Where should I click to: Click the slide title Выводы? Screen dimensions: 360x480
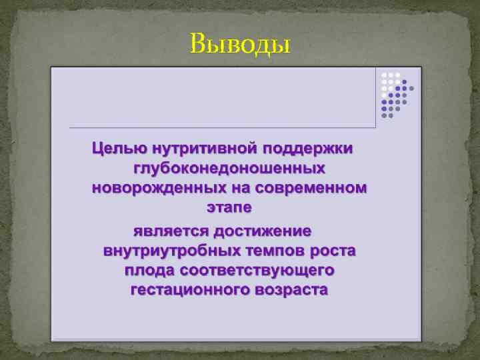pos(240,44)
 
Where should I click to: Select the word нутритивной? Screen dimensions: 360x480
pos(199,147)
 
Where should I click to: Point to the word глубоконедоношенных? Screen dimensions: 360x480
pos(229,168)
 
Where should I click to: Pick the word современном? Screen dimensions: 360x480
pos(310,188)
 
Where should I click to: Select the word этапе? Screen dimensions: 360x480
pos(229,208)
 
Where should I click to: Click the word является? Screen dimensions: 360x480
pos(168,231)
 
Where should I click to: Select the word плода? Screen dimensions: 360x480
pos(147,271)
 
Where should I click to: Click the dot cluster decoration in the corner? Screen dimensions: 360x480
pos(396,93)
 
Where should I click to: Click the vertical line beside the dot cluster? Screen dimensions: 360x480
pos(376,97)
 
